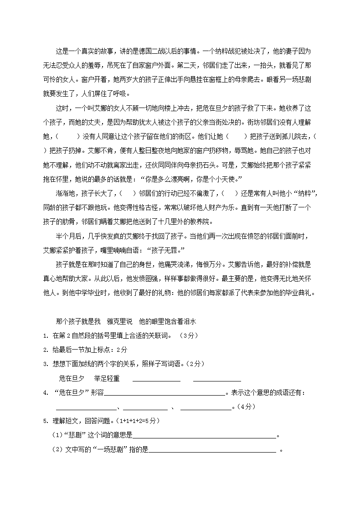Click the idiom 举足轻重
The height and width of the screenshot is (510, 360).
[x=107, y=378]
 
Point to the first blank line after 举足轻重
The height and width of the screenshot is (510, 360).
[x=156, y=379]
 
